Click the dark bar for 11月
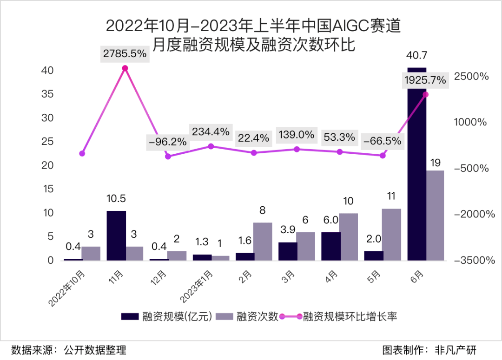coord(116,236)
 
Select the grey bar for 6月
coord(435,215)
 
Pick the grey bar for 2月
coord(263,242)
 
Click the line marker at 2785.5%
coord(125,68)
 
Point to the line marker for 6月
coord(426,94)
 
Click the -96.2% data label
coord(168,142)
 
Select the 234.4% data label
coord(211,132)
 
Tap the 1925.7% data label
coord(425,80)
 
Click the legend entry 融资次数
coord(257,317)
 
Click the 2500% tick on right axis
coord(472,77)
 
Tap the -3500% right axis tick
coord(472,260)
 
